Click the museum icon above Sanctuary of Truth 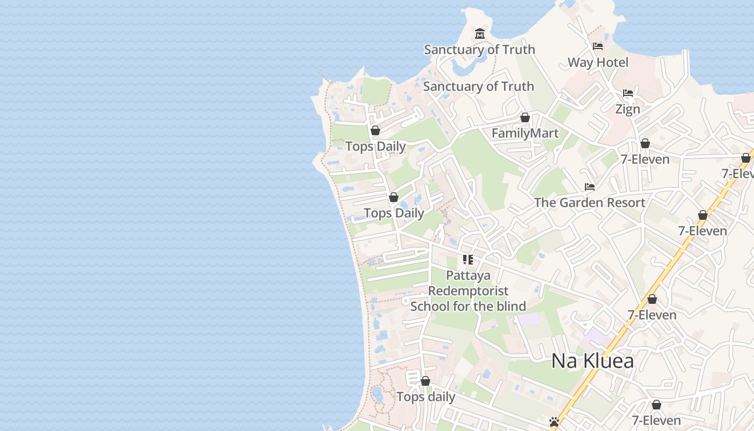[x=479, y=34]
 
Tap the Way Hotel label [x=598, y=62]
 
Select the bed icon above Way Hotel [x=598, y=46]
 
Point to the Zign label [x=628, y=109]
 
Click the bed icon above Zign [x=628, y=93]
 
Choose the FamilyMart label [x=525, y=133]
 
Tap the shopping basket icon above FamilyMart [x=525, y=117]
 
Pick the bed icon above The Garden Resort [x=590, y=187]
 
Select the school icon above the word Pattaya [x=468, y=260]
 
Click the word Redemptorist [x=468, y=291]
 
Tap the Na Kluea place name [x=592, y=361]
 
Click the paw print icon [x=554, y=421]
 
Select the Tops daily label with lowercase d [x=425, y=397]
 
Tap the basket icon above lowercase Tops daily [x=425, y=381]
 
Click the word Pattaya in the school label [x=468, y=276]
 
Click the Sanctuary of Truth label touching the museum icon [x=479, y=50]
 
